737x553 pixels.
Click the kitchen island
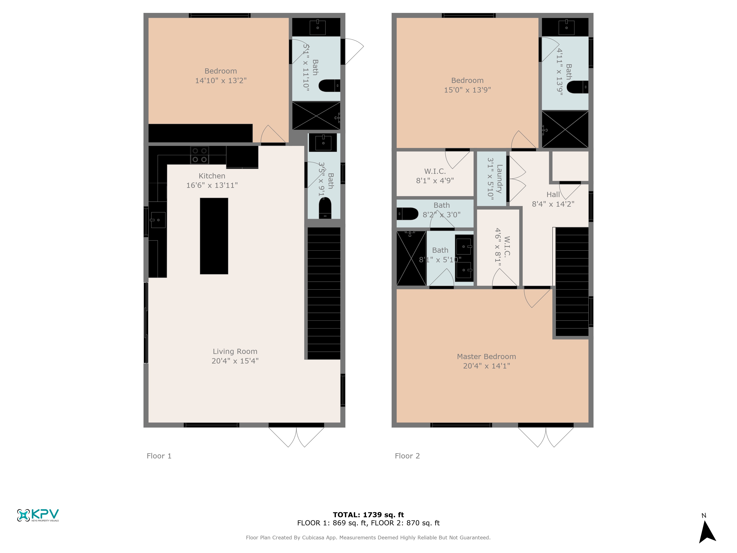click(x=214, y=236)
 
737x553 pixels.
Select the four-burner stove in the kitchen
click(x=200, y=155)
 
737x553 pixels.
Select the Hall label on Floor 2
click(x=553, y=194)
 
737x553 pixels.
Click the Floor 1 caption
click(x=159, y=456)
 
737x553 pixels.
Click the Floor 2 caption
click(x=407, y=456)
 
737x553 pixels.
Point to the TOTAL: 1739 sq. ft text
click(x=368, y=515)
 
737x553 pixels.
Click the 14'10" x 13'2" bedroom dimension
click(x=221, y=80)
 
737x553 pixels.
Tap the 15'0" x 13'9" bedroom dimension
click(x=467, y=90)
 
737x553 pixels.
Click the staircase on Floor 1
click(x=324, y=293)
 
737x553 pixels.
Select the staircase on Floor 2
click(x=572, y=282)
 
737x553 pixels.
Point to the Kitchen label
click(x=212, y=176)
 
